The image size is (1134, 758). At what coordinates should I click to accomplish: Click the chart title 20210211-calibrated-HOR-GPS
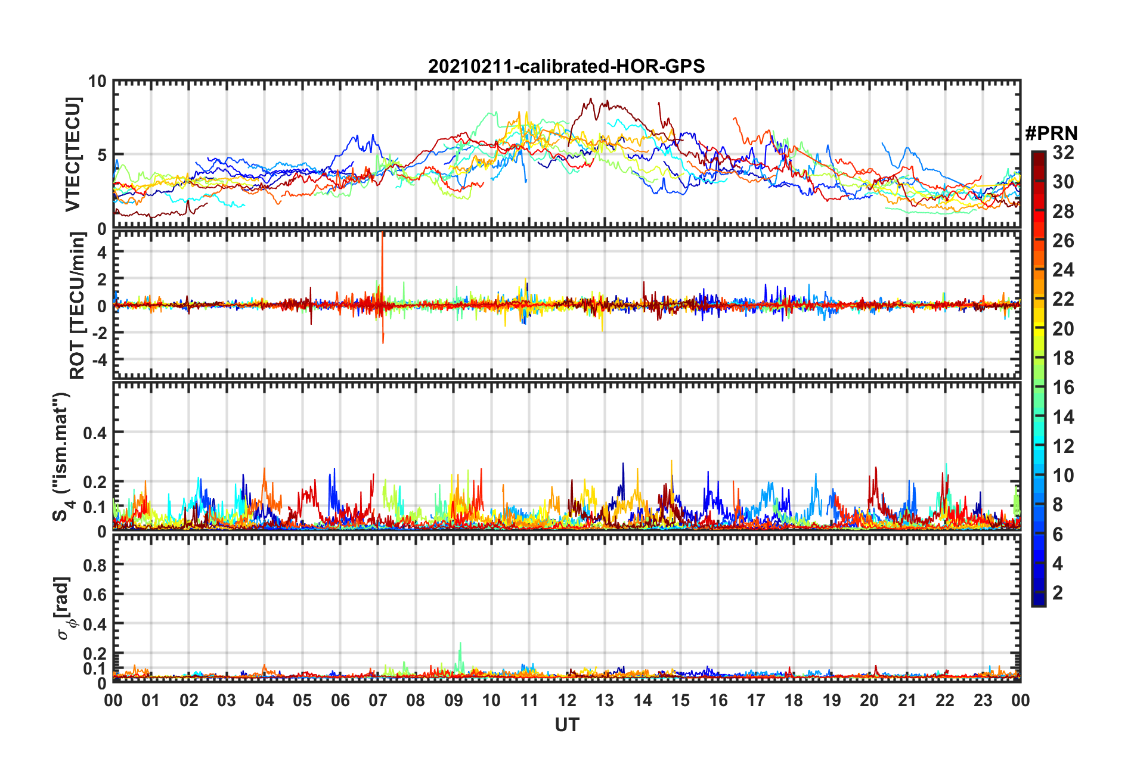click(x=566, y=66)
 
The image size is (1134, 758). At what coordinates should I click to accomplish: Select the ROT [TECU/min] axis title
click(x=77, y=305)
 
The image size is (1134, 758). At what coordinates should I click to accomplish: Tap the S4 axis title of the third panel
click(x=62, y=456)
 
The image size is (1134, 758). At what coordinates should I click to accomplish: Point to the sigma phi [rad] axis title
click(x=64, y=608)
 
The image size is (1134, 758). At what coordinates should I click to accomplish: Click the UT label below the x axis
click(x=566, y=725)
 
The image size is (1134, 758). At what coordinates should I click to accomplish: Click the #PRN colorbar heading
click(x=1051, y=133)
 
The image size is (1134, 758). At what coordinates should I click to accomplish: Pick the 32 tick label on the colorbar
click(x=1063, y=153)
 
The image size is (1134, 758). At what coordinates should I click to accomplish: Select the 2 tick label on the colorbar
click(x=1058, y=592)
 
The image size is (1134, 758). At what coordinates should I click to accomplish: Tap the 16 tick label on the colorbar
click(x=1063, y=387)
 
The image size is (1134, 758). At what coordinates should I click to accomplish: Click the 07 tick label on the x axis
click(x=378, y=700)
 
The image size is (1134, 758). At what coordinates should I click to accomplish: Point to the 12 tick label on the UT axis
click(x=567, y=700)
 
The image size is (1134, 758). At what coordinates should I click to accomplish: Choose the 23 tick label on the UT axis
click(x=983, y=700)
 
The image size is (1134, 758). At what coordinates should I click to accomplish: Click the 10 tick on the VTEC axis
click(x=97, y=82)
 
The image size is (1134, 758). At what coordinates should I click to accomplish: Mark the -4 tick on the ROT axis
click(x=98, y=360)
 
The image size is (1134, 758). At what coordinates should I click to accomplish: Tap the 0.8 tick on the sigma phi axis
click(x=95, y=565)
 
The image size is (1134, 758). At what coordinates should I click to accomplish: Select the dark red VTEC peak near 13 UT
click(x=590, y=100)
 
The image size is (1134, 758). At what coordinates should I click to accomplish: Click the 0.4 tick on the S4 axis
click(x=95, y=433)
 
